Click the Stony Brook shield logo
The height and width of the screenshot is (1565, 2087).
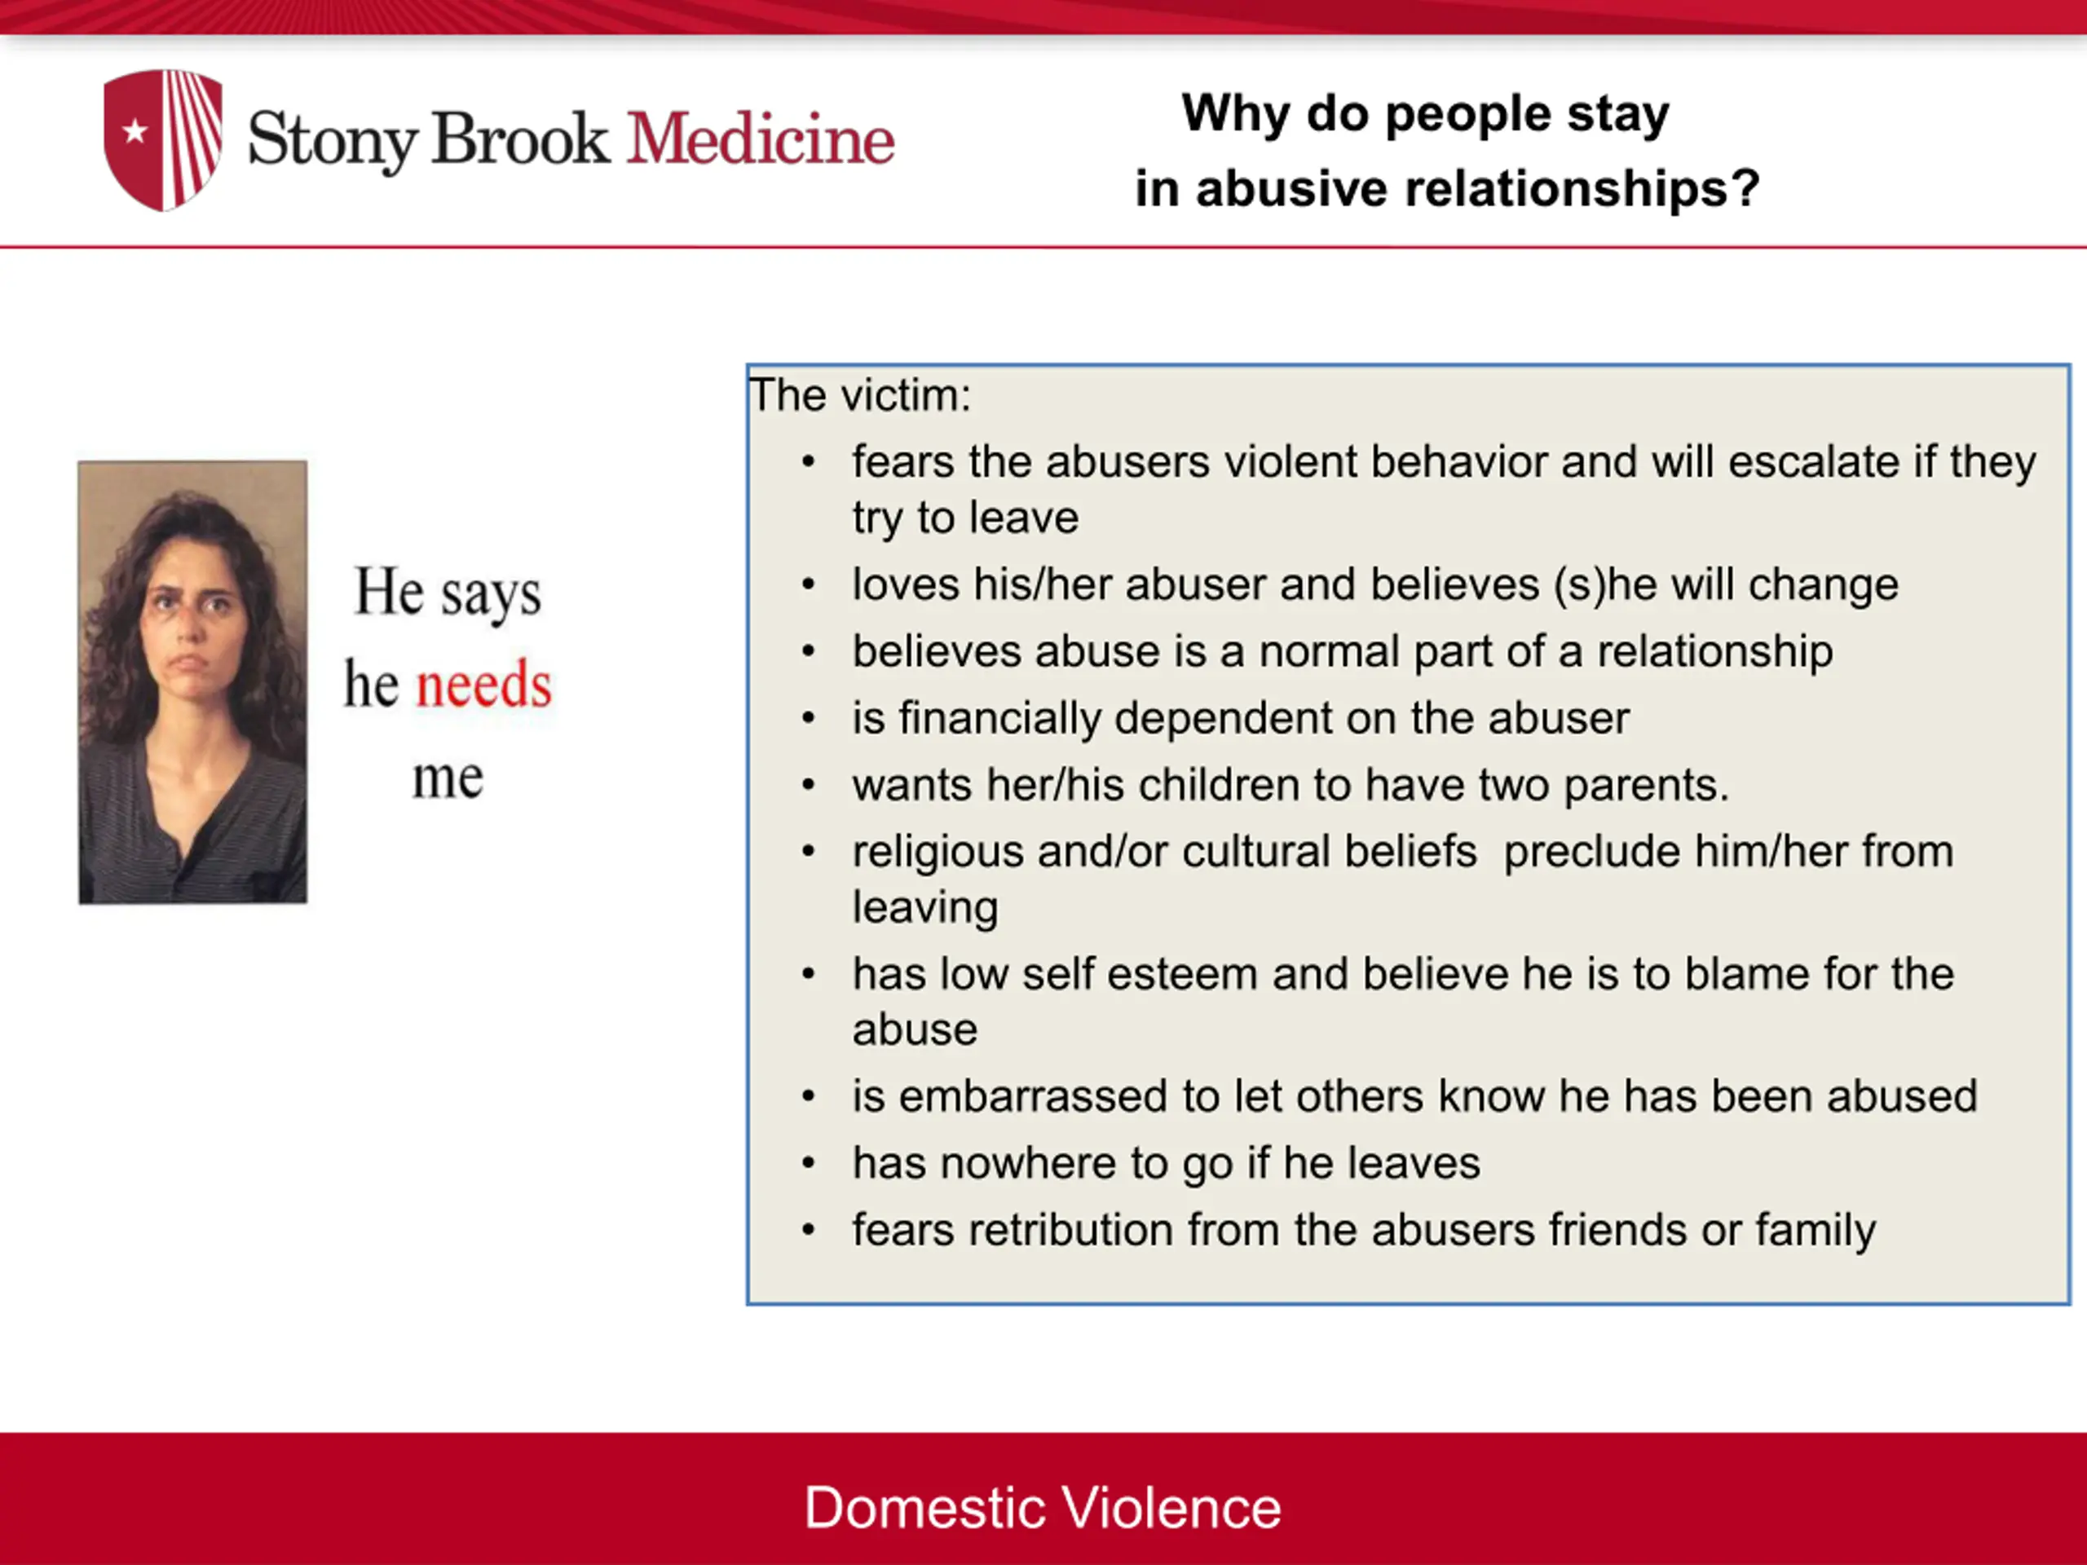click(163, 139)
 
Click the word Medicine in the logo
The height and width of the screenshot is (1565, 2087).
click(761, 139)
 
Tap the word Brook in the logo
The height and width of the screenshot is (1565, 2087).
click(521, 139)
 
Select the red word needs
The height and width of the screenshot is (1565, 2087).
click(484, 685)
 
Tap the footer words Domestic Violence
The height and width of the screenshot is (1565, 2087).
click(1043, 1507)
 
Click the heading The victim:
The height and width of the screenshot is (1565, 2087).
click(859, 395)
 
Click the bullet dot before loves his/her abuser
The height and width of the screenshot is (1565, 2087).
click(809, 585)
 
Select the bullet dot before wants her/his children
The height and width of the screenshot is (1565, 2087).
click(809, 786)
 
